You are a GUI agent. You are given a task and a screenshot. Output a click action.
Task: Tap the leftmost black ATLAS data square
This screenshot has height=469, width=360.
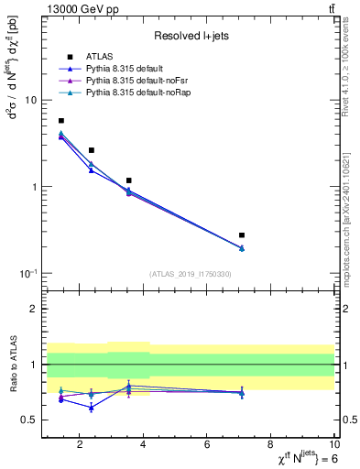point(61,121)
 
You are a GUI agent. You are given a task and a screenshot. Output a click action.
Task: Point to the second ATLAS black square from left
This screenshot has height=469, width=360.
point(92,150)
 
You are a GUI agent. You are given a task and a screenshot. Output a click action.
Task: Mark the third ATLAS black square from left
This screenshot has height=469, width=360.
point(129,180)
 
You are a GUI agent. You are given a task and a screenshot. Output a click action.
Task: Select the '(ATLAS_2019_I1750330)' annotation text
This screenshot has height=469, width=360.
point(189,274)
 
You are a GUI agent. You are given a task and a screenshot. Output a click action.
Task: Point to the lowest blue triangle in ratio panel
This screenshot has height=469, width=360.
point(92,408)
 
